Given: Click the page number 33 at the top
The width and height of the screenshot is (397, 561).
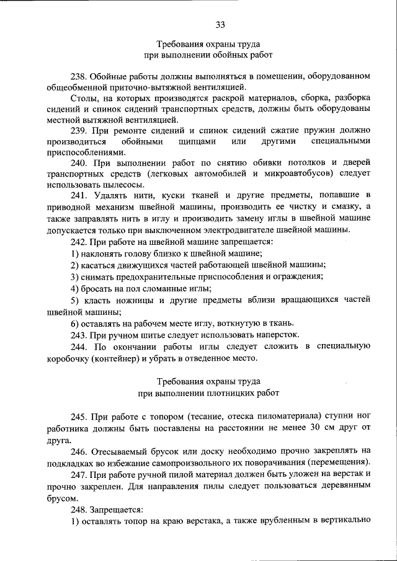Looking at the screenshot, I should (x=220, y=25).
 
